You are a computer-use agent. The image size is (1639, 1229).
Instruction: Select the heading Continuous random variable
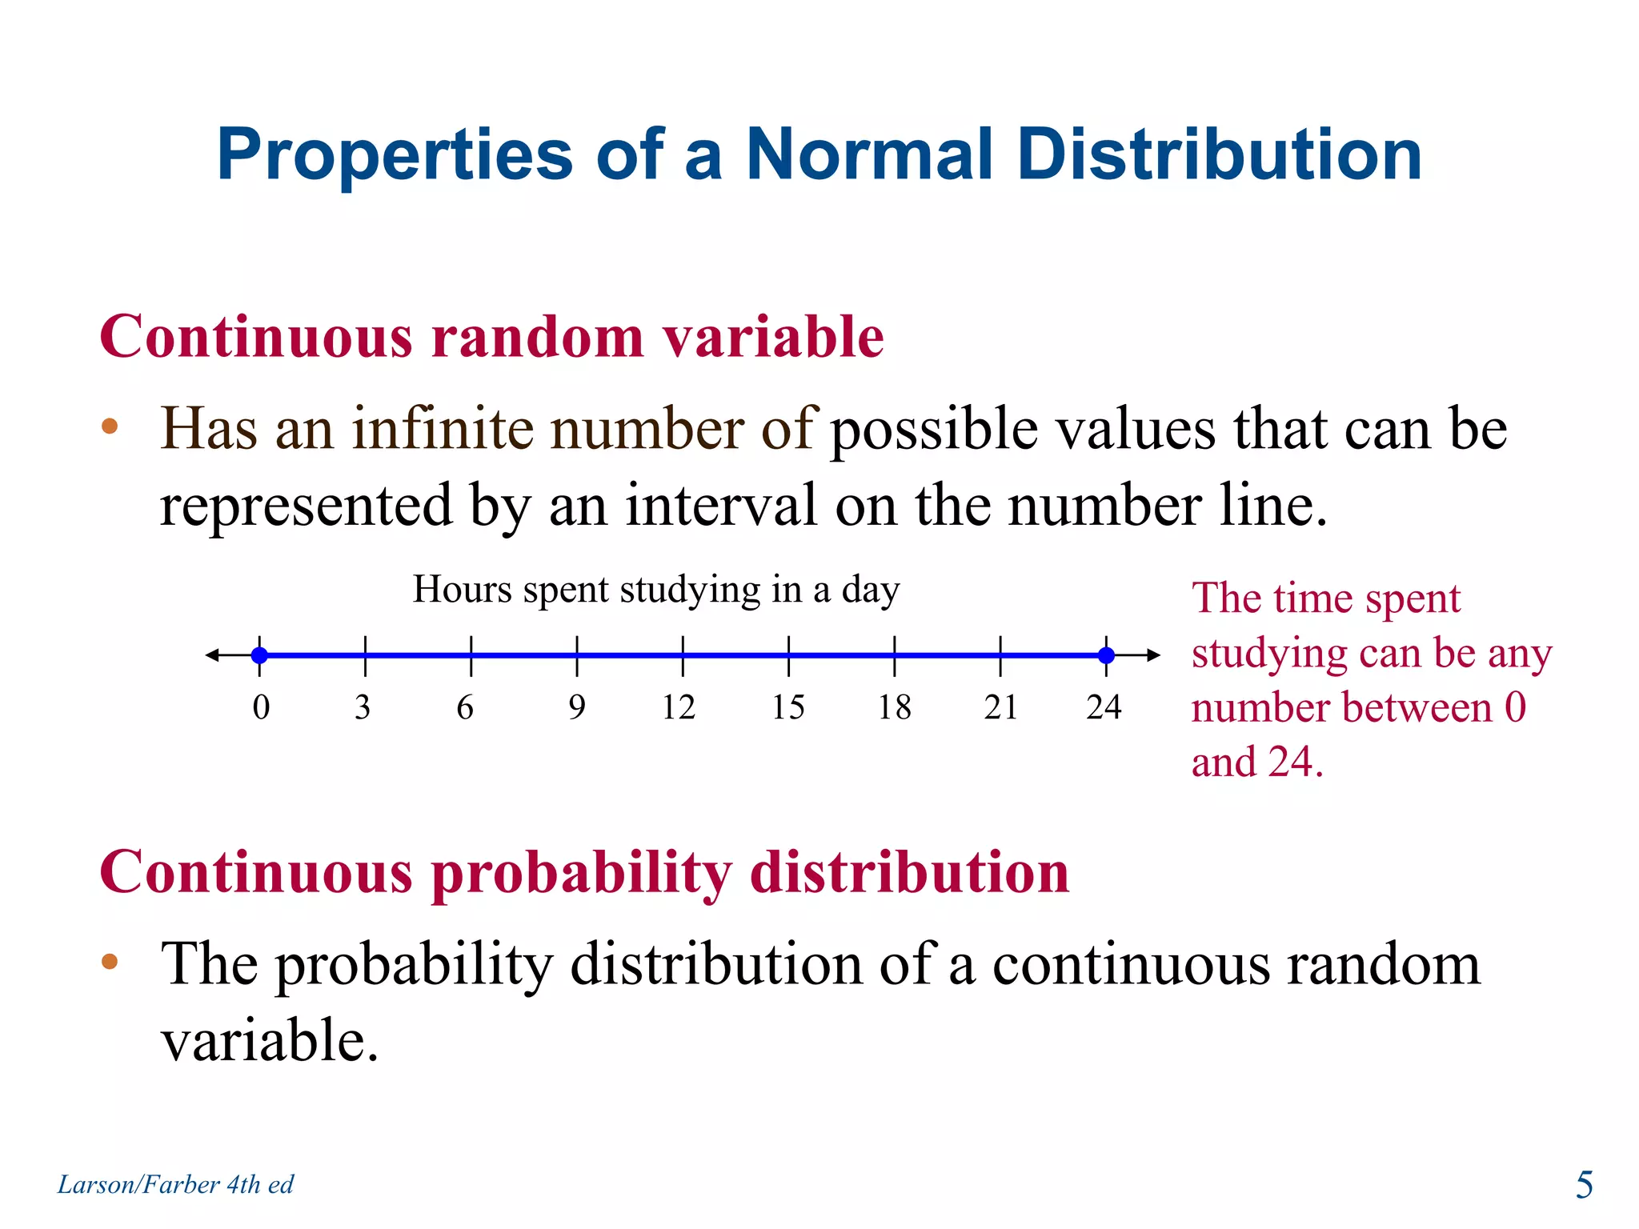pos(491,337)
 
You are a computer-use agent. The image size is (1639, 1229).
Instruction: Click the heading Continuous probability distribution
pos(584,872)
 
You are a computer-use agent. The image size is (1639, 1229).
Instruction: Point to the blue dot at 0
pos(259,655)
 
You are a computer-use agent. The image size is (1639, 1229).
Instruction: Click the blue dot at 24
pos(1106,655)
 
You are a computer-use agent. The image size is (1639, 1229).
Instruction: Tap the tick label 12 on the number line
pos(679,707)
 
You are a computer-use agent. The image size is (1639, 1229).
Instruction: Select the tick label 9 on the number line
pos(577,707)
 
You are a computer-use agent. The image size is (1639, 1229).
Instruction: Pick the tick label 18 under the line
pos(894,707)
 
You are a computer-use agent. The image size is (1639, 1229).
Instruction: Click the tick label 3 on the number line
pos(363,707)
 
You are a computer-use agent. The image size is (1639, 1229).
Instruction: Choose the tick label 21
pos(1000,707)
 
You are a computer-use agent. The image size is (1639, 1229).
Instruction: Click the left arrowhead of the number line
pos(212,655)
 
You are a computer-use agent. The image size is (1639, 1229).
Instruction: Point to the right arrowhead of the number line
pos(1153,655)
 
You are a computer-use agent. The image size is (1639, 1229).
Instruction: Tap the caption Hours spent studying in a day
pos(656,590)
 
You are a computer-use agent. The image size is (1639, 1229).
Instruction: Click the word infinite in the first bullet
pos(443,429)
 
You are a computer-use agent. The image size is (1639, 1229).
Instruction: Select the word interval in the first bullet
pos(720,506)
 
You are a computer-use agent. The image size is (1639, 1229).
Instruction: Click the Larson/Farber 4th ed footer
pos(175,1184)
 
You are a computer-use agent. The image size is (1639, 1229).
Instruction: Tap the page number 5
pos(1584,1185)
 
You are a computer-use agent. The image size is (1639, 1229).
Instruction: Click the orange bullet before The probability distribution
pos(110,961)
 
